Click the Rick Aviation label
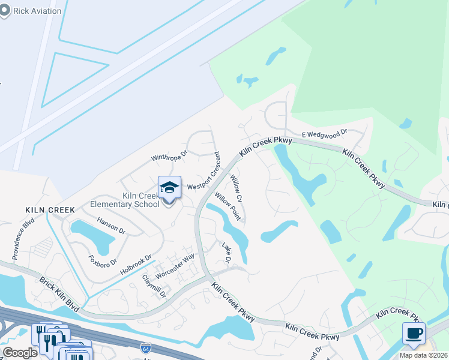(37, 11)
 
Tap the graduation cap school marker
(169, 188)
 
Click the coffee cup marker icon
(414, 334)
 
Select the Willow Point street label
(228, 206)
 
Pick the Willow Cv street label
(236, 188)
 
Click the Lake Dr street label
(227, 252)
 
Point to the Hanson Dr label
(111, 226)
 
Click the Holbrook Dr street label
(135, 265)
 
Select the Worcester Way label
(175, 265)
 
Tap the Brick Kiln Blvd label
(59, 293)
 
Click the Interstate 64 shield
(145, 347)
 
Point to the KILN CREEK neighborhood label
(50, 210)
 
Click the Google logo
(20, 353)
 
